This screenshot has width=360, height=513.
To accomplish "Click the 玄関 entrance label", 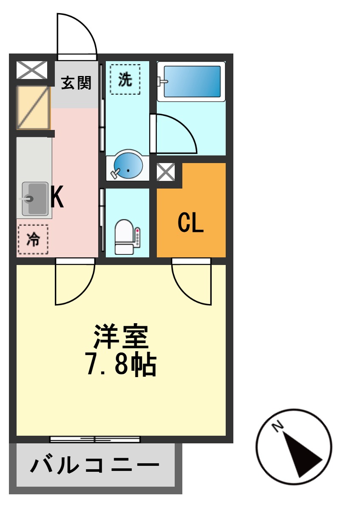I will [x=76, y=83].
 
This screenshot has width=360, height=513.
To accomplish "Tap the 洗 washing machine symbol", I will [x=125, y=79].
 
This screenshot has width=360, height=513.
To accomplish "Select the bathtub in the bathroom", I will [x=191, y=82].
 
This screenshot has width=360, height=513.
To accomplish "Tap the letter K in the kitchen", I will [x=57, y=197].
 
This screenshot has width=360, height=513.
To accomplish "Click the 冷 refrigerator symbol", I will [x=33, y=240].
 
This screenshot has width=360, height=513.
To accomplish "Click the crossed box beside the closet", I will [x=165, y=172].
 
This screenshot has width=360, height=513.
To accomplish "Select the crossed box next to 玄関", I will [x=32, y=70].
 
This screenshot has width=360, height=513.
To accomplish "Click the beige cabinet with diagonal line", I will [x=33, y=107].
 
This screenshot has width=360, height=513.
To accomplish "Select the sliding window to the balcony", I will [x=95, y=440].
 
